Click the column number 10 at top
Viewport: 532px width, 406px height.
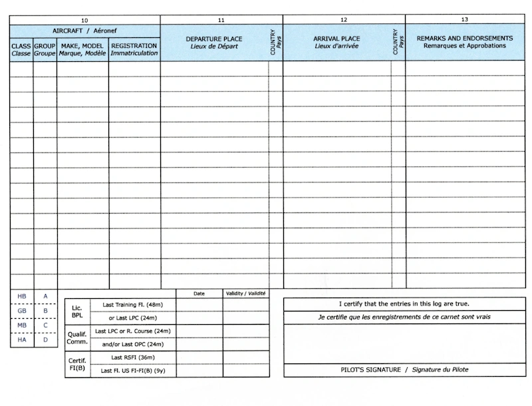pyautogui.click(x=84, y=20)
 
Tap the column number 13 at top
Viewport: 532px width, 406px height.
pyautogui.click(x=464, y=20)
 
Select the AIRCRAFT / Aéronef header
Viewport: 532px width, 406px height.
pyautogui.click(x=84, y=31)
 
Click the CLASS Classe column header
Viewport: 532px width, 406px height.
pyautogui.click(x=21, y=49)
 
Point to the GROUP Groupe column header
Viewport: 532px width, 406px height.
pyautogui.click(x=45, y=49)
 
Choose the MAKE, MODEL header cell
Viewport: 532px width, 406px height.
pyautogui.click(x=82, y=49)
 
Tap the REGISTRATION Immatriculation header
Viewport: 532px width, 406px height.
pyautogui.click(x=134, y=49)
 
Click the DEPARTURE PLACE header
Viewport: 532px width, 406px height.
pyautogui.click(x=214, y=43)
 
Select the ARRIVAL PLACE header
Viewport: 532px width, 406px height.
pyautogui.click(x=336, y=43)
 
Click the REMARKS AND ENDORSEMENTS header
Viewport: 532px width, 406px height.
pyautogui.click(x=464, y=42)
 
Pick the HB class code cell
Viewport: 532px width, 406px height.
pyautogui.click(x=21, y=296)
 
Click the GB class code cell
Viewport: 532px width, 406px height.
pyautogui.click(x=21, y=311)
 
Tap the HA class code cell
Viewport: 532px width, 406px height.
pyautogui.click(x=21, y=340)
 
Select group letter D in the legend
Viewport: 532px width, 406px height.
pyautogui.click(x=45, y=340)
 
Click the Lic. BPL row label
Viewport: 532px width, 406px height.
pyautogui.click(x=77, y=311)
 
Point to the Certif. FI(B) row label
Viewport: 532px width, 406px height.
pyautogui.click(x=77, y=364)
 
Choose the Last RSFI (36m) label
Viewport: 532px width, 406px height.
pyautogui.click(x=133, y=357)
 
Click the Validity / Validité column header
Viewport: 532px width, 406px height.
pyautogui.click(x=246, y=293)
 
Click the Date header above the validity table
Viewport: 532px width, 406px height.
pyautogui.click(x=199, y=293)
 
